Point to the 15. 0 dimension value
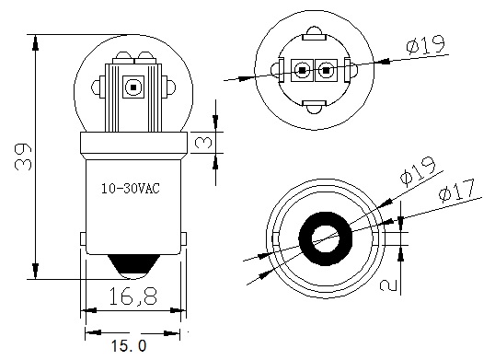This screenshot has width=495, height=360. point(129,345)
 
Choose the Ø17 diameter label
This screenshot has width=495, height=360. point(457,192)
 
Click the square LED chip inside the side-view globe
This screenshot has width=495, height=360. point(133,88)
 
